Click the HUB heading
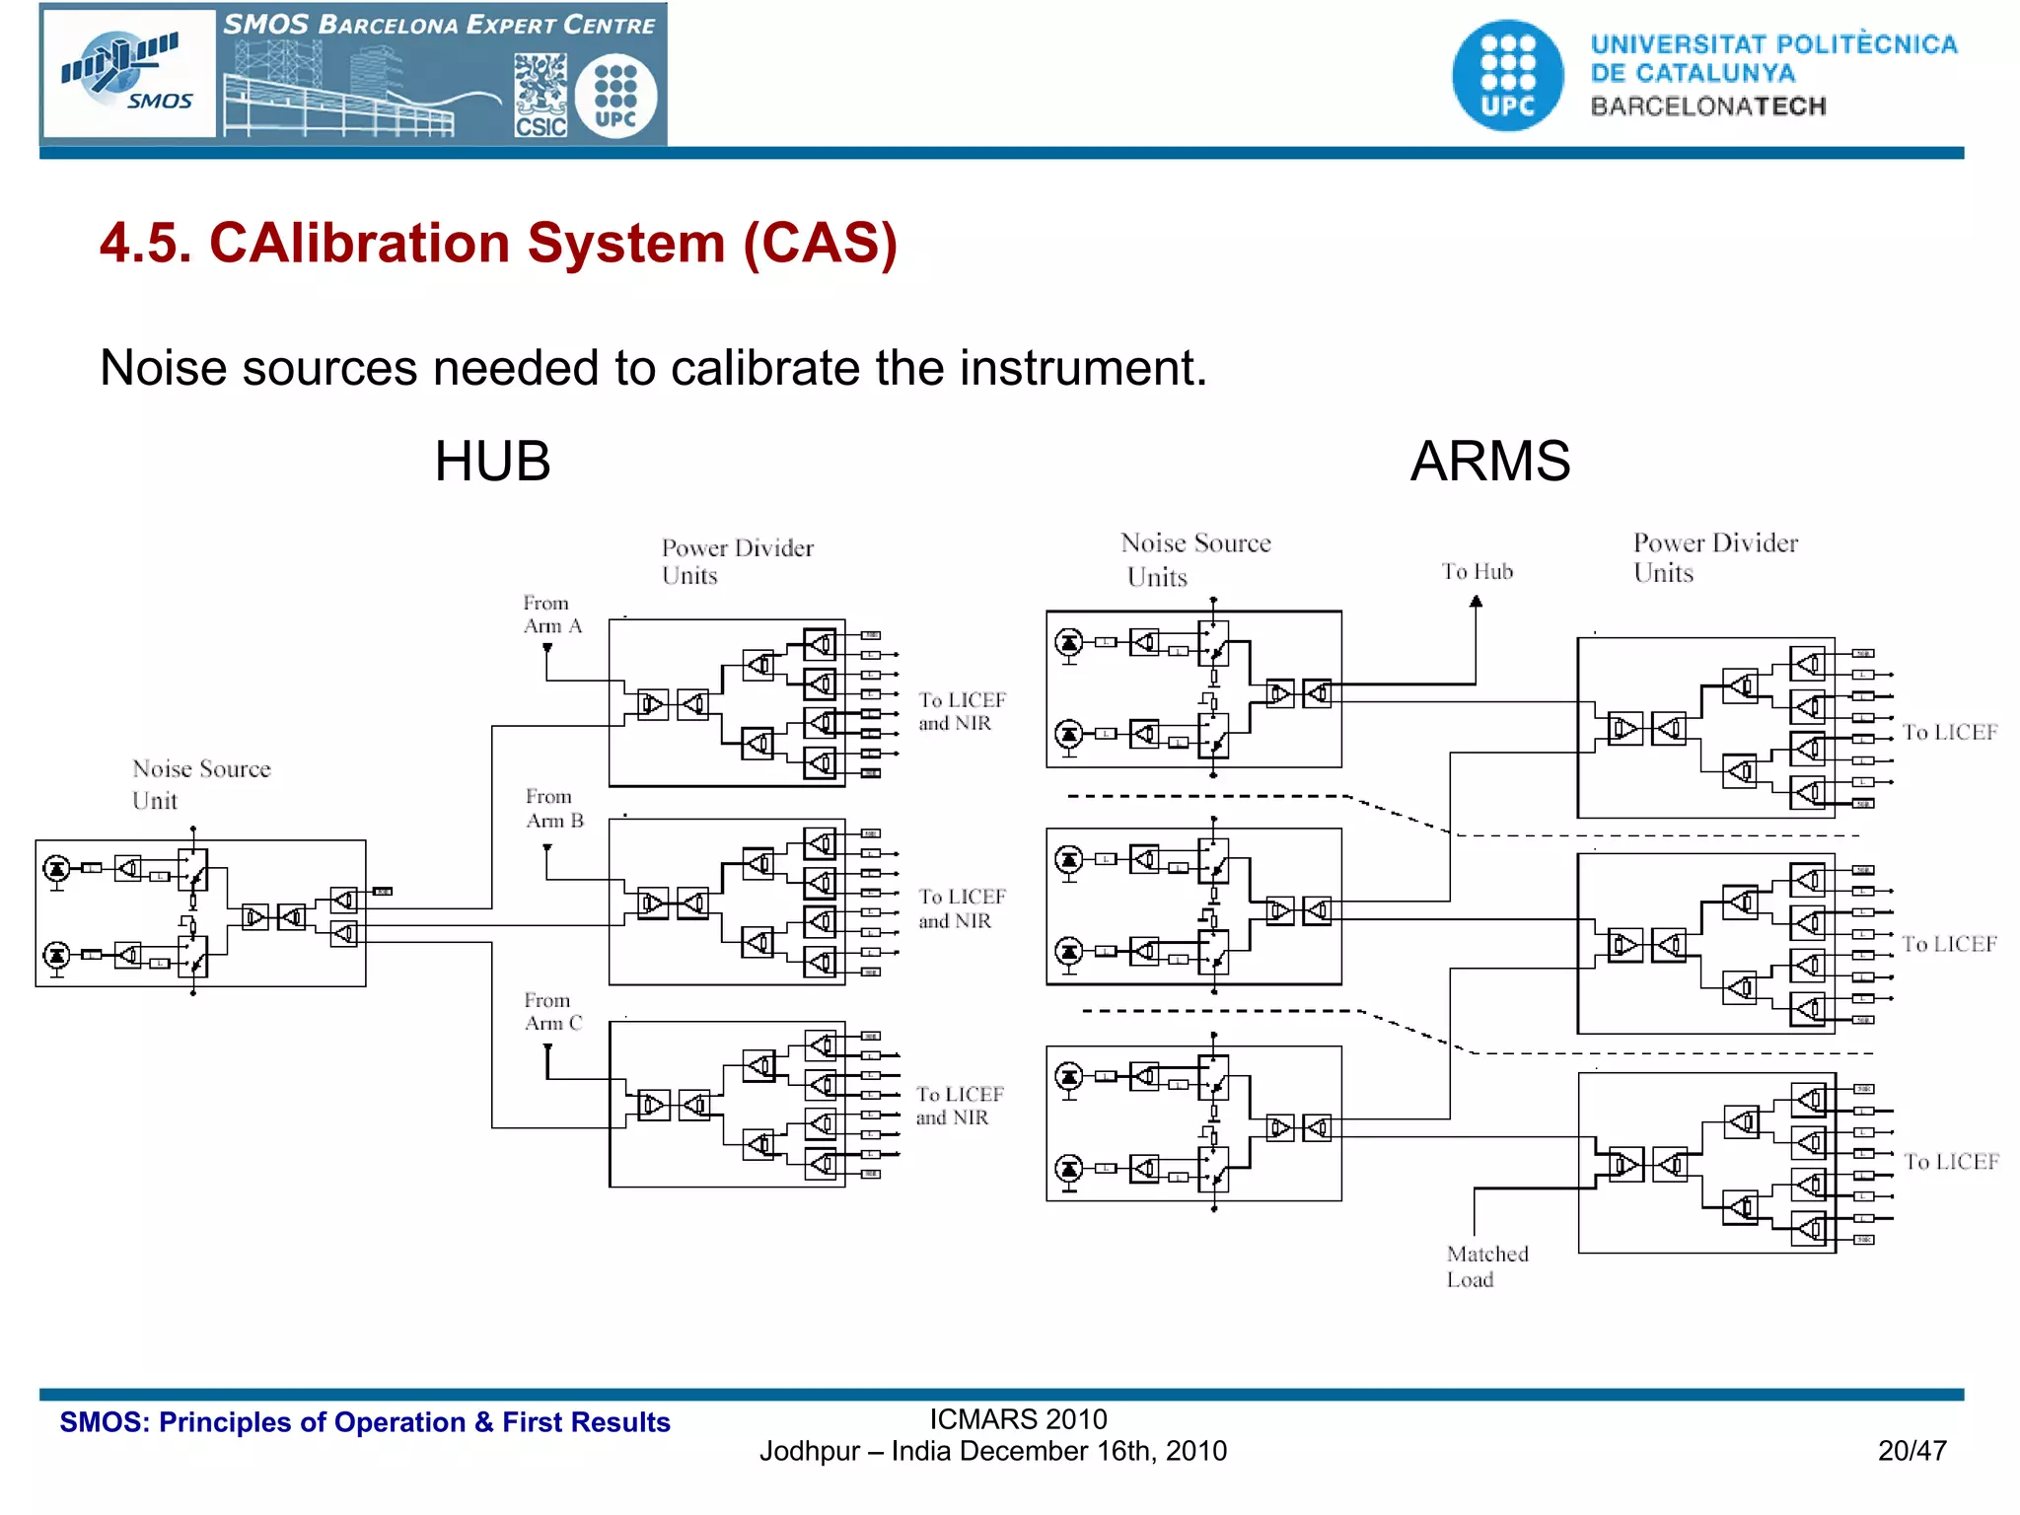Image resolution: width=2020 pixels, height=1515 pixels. pos(492,462)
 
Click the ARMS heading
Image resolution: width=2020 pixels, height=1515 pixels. pos(1489,462)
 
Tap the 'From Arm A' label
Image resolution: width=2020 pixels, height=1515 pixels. pos(551,614)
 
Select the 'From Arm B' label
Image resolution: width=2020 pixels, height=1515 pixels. pos(553,809)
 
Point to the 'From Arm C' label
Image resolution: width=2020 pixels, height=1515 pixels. pos(552,1012)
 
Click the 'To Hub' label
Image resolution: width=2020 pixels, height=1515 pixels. pos(1477,572)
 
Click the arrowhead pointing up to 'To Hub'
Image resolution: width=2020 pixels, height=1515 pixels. pos(1476,602)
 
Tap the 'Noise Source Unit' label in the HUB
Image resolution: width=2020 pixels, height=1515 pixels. pos(200,784)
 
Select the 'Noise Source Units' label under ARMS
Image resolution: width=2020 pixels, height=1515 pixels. pos(1194,559)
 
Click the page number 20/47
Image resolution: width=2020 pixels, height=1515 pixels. pos(1912,1451)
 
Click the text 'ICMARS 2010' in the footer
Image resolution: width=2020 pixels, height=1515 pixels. pos(1018,1419)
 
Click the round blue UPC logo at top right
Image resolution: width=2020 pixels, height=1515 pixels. pos(1507,76)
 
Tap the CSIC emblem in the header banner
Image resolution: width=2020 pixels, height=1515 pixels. pos(541,96)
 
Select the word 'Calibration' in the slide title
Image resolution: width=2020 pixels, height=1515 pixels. pos(467,244)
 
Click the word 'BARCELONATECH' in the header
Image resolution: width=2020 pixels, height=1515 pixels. pos(1707,107)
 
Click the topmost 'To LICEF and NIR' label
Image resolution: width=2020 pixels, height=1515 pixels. pos(961,711)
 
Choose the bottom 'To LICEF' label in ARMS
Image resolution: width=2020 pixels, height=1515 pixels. pos(1950,1162)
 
